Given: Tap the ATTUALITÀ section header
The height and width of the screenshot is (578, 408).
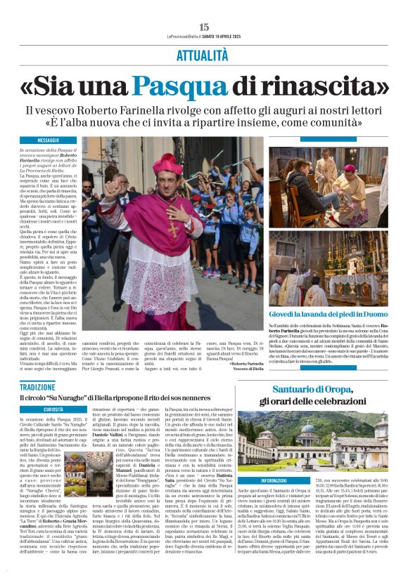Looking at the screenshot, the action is (x=204, y=53).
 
